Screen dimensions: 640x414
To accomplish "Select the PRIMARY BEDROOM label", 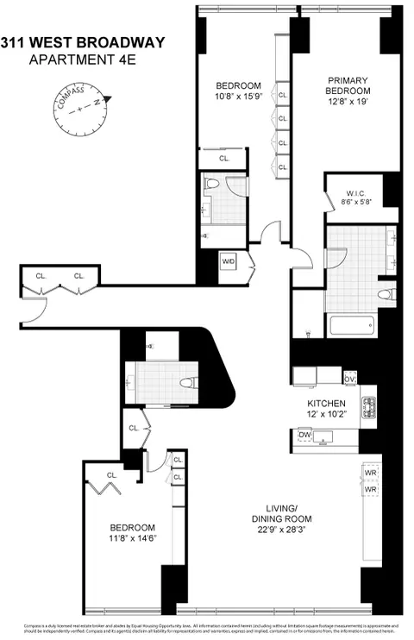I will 348,85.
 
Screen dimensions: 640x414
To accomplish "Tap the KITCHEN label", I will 327,403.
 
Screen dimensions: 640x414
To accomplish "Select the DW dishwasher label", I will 304,435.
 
